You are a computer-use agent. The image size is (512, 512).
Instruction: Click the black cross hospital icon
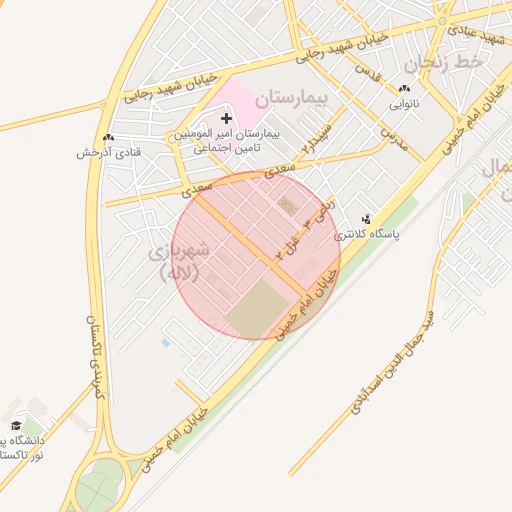(x=226, y=119)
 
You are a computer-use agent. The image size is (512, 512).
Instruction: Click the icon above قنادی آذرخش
(x=108, y=137)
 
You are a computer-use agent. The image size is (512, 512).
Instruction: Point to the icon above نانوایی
(x=404, y=88)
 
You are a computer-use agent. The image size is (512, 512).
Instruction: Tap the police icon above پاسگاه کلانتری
(x=365, y=219)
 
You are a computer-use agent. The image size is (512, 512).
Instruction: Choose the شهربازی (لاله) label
(x=181, y=259)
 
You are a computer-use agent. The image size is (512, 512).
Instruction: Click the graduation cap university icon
(x=14, y=425)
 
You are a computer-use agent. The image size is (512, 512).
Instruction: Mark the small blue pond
(x=165, y=343)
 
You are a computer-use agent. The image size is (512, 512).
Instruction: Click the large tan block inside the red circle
(x=258, y=308)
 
